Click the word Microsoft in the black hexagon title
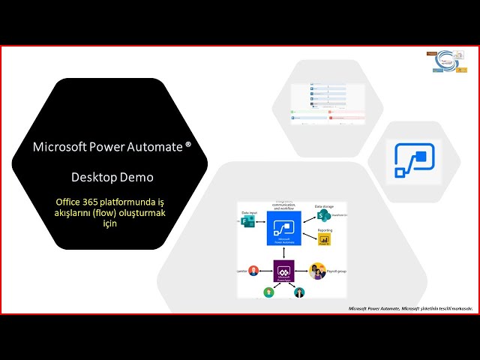pyautogui.click(x=56, y=147)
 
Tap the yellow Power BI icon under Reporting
pyautogui.click(x=323, y=239)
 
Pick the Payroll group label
pyautogui.click(x=337, y=270)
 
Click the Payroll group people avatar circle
pyautogui.click(x=317, y=270)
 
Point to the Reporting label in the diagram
pyautogui.click(x=325, y=230)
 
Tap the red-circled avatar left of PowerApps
pyautogui.click(x=253, y=271)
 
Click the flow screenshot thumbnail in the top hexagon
pyautogui.click(x=328, y=104)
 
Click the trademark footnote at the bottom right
pyautogui.click(x=411, y=307)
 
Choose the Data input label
pyautogui.click(x=250, y=212)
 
